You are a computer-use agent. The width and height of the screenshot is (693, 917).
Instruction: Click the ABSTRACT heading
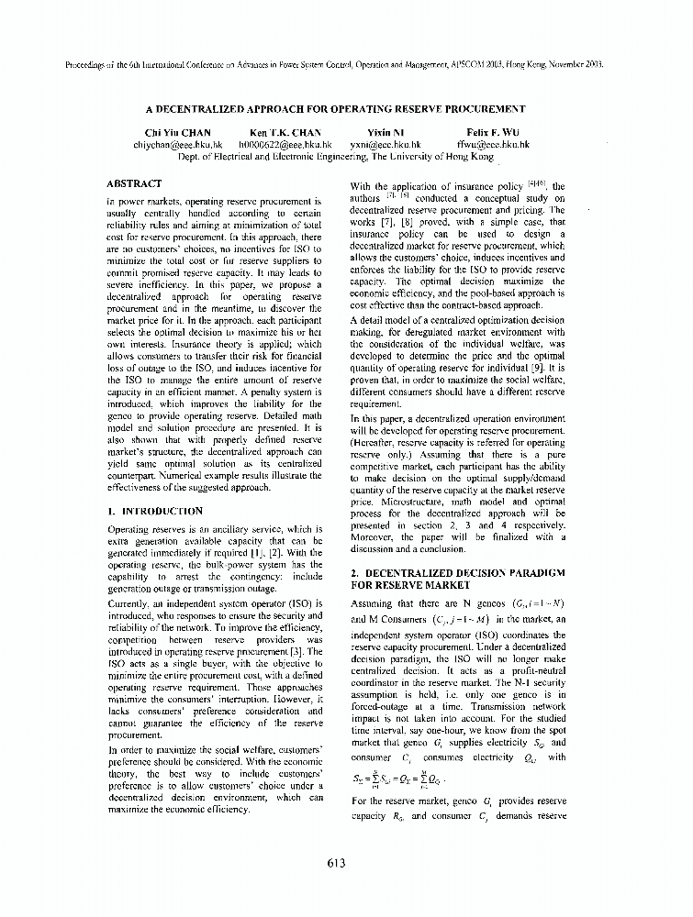(x=134, y=183)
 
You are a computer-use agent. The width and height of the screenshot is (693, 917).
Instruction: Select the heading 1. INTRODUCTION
(x=155, y=511)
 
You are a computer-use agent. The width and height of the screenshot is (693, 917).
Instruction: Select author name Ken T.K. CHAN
(x=285, y=133)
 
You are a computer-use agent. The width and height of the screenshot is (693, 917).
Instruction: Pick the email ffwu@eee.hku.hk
(x=493, y=145)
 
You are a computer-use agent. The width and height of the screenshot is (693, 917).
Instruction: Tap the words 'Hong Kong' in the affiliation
(x=469, y=157)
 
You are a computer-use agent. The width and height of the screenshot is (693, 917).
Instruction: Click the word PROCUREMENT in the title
(x=480, y=108)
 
